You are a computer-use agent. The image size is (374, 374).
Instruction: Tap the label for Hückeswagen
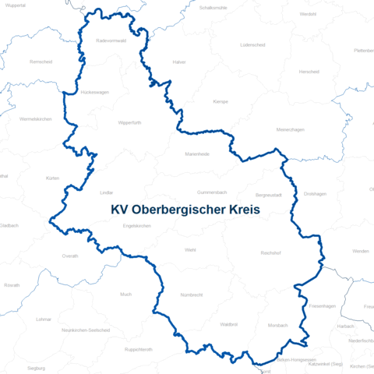[x=94, y=92]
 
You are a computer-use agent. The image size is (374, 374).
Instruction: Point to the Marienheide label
[x=197, y=153]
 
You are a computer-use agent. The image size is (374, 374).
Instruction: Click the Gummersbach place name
[x=211, y=191]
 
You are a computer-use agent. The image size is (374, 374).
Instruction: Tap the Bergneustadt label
[x=269, y=195]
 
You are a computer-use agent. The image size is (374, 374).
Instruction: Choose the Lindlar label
[x=107, y=192]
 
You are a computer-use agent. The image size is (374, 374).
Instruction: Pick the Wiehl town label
[x=190, y=249]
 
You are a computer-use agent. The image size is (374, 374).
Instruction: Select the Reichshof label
[x=270, y=253]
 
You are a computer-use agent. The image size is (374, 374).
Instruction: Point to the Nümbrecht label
[x=191, y=295]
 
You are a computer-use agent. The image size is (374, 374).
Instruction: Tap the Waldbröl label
[x=228, y=323]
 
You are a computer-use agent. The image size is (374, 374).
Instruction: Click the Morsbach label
[x=277, y=325]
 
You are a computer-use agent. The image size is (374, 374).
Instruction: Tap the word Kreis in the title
[x=239, y=210]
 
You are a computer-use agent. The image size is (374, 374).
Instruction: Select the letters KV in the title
[x=120, y=210]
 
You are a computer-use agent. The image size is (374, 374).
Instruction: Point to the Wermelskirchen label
[x=34, y=119]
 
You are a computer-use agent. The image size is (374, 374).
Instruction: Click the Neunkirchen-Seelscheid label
[x=86, y=330]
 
